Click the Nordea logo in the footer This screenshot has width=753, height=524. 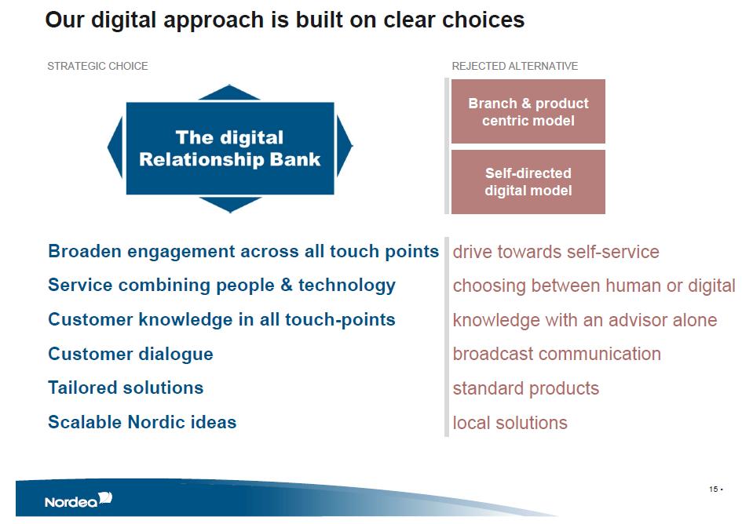pyautogui.click(x=79, y=500)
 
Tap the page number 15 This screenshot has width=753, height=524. pyautogui.click(x=713, y=489)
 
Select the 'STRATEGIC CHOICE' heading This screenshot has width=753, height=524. pyautogui.click(x=97, y=66)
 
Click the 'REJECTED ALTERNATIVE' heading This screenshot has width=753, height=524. pyautogui.click(x=515, y=66)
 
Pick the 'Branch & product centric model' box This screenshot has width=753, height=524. pyautogui.click(x=528, y=111)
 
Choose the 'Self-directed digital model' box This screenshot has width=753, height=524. pyautogui.click(x=528, y=182)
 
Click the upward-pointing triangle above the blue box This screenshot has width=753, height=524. pyautogui.click(x=229, y=93)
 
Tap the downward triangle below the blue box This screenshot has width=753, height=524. pyautogui.click(x=230, y=204)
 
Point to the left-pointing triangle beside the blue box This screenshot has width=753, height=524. pyautogui.click(x=115, y=147)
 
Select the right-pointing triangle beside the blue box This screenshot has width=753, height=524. pyautogui.click(x=345, y=145)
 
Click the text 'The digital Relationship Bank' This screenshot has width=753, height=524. pyautogui.click(x=229, y=148)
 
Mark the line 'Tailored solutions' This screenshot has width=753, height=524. pyautogui.click(x=126, y=388)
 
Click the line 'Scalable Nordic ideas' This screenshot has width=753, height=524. pyautogui.click(x=142, y=422)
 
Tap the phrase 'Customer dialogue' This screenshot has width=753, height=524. pyautogui.click(x=130, y=354)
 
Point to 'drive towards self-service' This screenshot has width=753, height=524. pyautogui.click(x=556, y=252)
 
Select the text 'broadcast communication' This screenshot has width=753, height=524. pyautogui.click(x=557, y=354)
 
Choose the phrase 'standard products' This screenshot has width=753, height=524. pyautogui.click(x=526, y=388)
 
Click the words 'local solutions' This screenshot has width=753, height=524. pyautogui.click(x=510, y=424)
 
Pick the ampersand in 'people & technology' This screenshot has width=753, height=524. pyautogui.click(x=287, y=285)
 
